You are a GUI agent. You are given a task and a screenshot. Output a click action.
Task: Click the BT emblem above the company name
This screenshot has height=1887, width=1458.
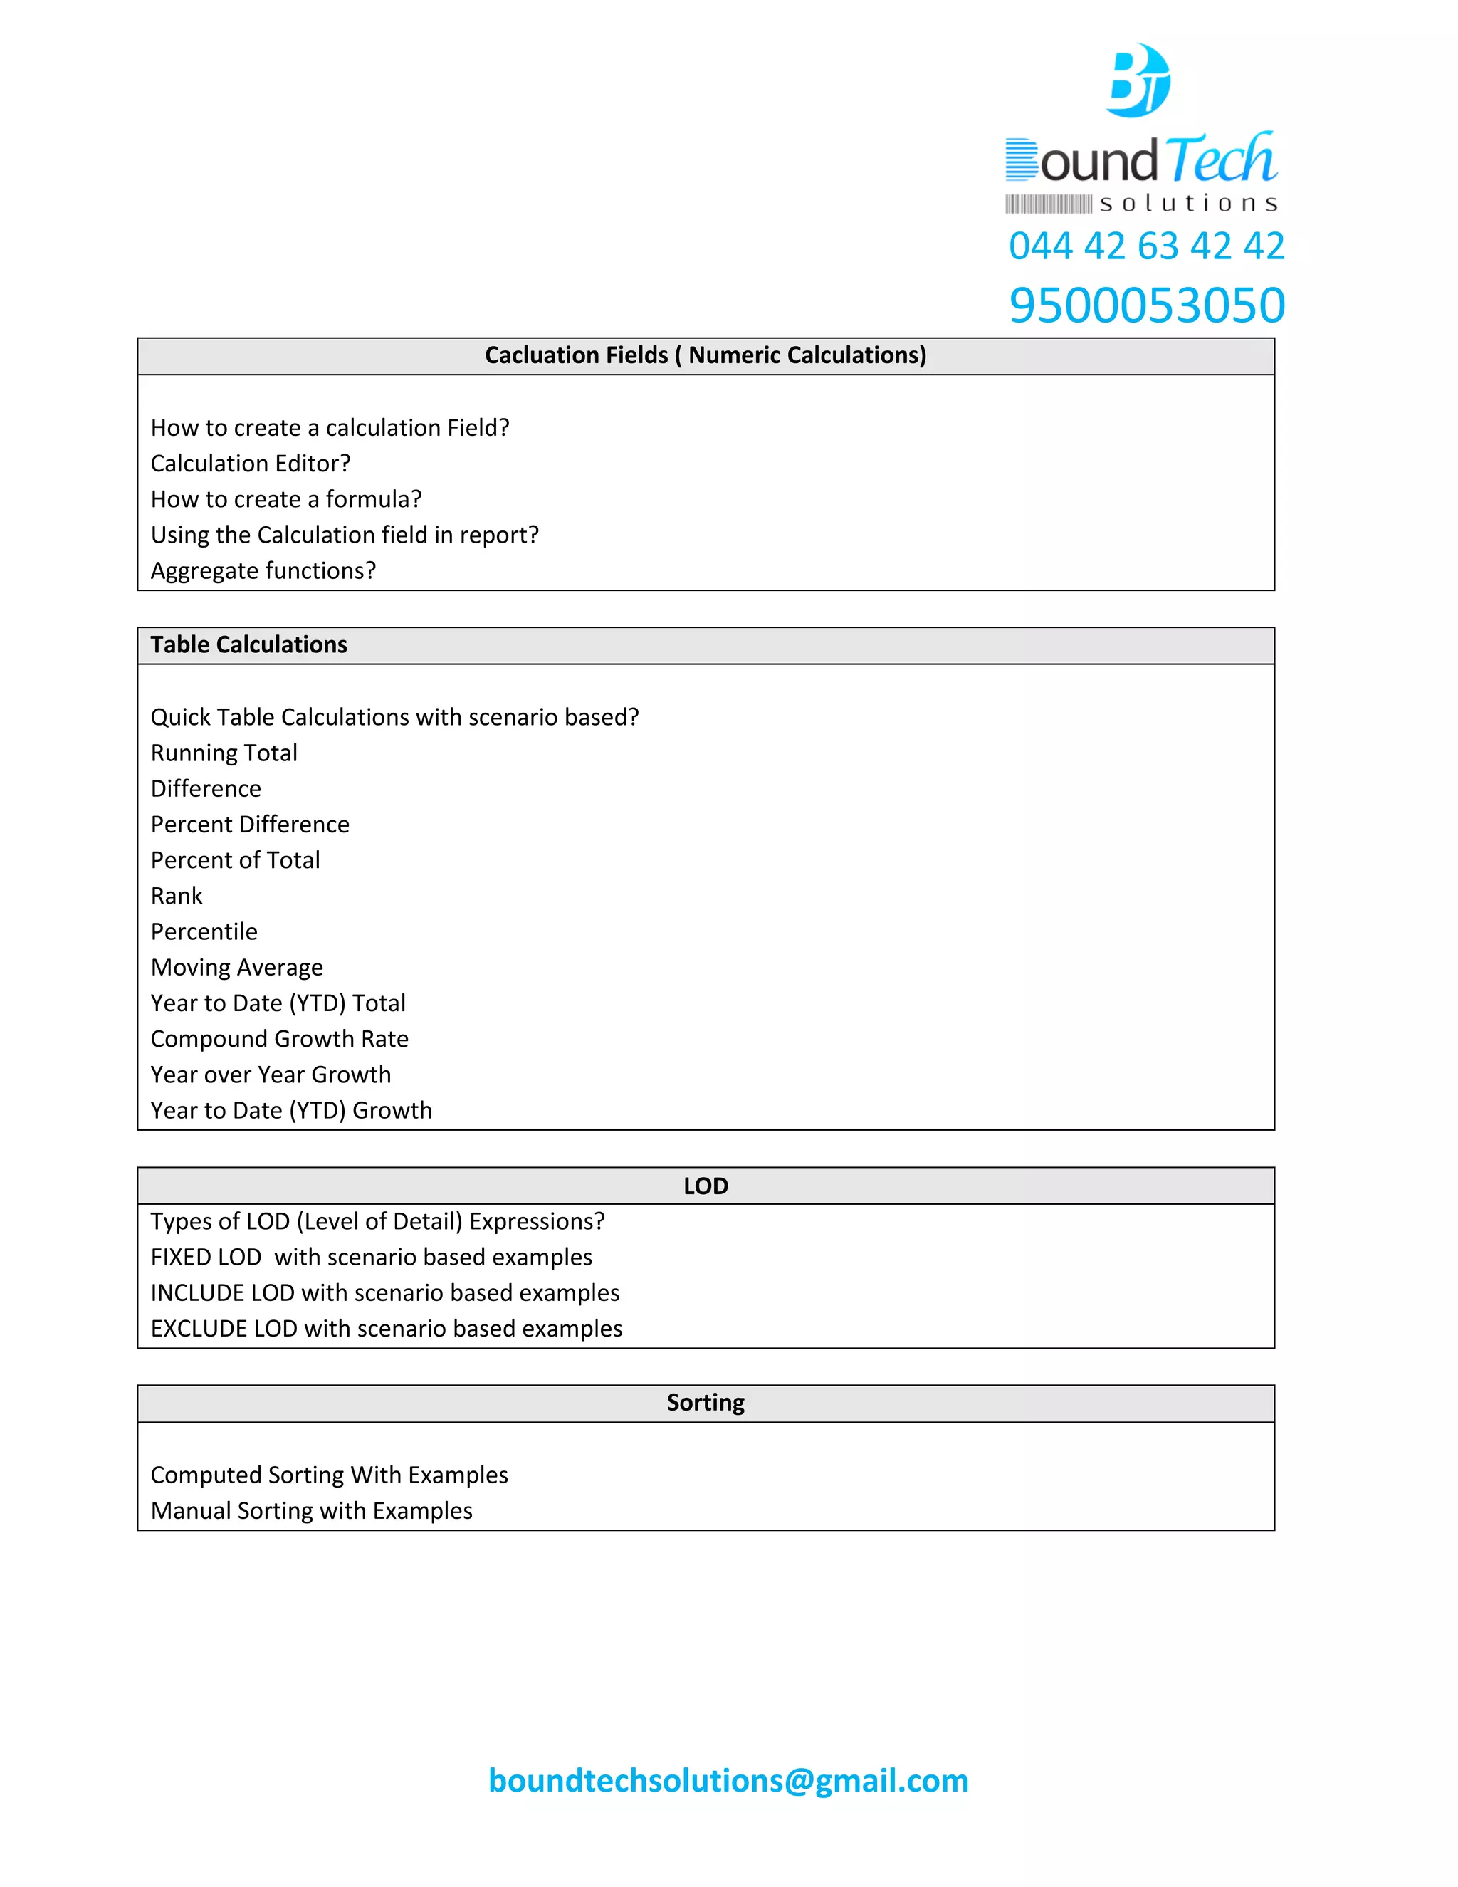point(1139,80)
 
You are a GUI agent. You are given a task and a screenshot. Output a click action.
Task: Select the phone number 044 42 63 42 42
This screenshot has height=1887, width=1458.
point(1146,246)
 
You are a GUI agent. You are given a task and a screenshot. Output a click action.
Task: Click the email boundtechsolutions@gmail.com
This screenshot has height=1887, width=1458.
point(728,1781)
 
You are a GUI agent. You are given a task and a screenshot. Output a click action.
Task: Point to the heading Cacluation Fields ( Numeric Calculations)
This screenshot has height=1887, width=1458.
point(705,355)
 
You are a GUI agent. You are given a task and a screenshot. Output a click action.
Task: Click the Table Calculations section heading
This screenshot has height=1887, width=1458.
point(248,644)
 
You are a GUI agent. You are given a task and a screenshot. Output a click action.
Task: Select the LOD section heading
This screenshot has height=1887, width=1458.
point(705,1186)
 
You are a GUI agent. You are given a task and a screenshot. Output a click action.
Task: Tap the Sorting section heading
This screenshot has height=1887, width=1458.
point(705,1402)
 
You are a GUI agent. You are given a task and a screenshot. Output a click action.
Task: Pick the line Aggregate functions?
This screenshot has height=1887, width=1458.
point(263,571)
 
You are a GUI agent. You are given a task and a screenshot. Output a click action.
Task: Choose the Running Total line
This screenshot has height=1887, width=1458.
point(224,753)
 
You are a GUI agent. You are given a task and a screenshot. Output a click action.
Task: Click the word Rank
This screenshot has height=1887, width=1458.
point(177,896)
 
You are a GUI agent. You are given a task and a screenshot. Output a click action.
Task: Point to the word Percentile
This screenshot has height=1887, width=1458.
point(204,932)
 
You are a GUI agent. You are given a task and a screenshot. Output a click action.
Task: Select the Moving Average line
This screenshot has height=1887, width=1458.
point(236,968)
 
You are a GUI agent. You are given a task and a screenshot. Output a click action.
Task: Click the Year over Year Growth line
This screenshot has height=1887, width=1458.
point(271,1075)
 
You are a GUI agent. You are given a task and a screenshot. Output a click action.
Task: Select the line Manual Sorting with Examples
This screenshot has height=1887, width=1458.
point(311,1511)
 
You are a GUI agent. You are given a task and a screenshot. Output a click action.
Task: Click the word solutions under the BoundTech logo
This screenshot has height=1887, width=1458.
point(1187,204)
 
